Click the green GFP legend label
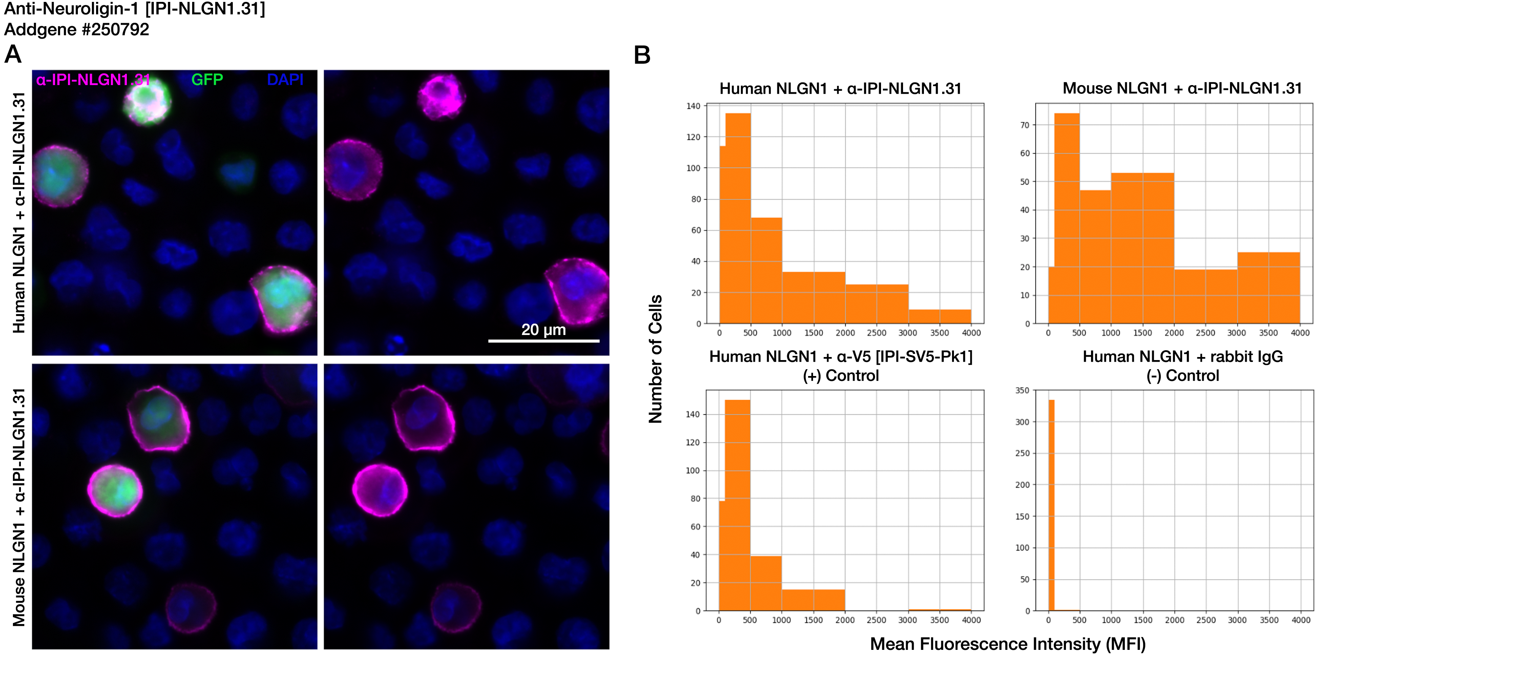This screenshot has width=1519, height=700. pos(207,80)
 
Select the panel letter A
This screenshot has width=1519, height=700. pos(13,55)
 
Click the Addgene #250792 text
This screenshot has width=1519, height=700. pos(77,30)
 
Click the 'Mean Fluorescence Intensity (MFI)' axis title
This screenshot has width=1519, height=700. pos(1007,644)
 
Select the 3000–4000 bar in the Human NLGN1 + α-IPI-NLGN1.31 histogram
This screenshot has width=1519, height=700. pos(940,317)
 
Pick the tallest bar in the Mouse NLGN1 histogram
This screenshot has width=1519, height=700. pos(1067,218)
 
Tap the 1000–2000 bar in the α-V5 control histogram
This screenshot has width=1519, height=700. pos(813,600)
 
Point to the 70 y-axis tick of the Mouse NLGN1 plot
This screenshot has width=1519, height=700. pos(1025,125)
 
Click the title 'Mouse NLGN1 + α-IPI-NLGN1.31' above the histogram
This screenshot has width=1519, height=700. pos(1182,88)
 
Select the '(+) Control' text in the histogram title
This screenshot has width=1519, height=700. pos(840,376)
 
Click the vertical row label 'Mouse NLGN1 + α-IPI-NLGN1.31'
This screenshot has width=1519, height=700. pos(19,507)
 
